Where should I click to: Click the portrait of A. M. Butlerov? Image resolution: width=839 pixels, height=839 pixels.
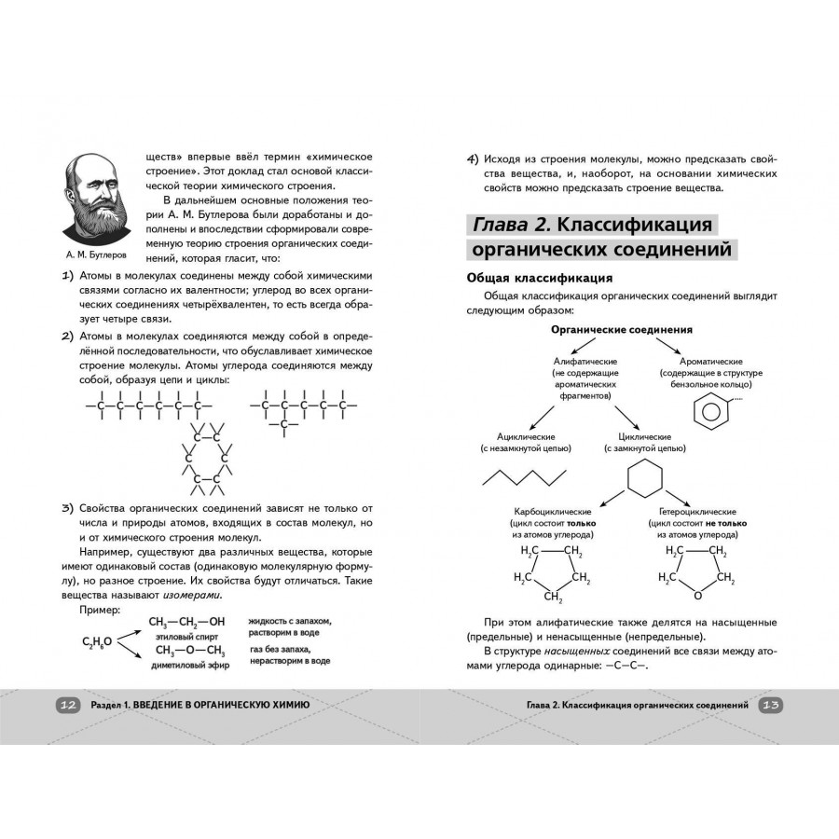pyautogui.click(x=97, y=197)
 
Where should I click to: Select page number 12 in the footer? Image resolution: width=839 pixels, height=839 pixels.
pyautogui.click(x=67, y=706)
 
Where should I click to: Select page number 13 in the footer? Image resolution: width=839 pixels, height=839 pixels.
pyautogui.click(x=771, y=706)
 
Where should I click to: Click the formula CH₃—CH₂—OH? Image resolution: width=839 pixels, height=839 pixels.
pyautogui.click(x=187, y=622)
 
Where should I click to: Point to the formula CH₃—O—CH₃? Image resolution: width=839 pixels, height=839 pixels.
pyautogui.click(x=190, y=651)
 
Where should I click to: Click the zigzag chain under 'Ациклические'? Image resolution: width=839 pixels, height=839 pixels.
pyautogui.click(x=524, y=477)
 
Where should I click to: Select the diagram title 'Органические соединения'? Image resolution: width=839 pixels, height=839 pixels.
pyautogui.click(x=622, y=330)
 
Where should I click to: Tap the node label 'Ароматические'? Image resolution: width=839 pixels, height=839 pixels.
pyautogui.click(x=711, y=361)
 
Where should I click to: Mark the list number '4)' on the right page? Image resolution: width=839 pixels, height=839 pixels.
pyautogui.click(x=473, y=158)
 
